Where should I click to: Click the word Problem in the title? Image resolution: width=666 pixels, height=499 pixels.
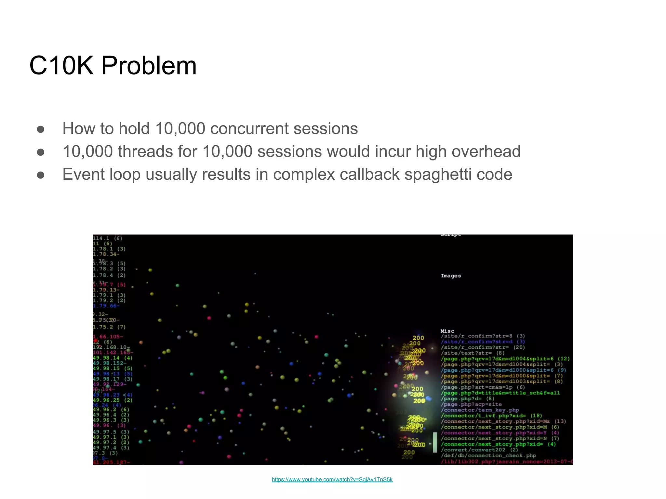149,66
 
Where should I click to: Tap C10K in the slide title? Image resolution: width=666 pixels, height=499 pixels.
61,66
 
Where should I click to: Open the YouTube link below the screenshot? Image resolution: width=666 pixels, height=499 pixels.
332,480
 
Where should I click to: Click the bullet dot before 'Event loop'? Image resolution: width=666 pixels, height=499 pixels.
41,175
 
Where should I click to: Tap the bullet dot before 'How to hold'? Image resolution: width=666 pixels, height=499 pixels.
41,129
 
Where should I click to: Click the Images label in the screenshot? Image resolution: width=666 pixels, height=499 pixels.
451,276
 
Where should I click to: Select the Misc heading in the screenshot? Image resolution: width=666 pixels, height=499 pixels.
447,331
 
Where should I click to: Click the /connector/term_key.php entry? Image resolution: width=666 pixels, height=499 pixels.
480,410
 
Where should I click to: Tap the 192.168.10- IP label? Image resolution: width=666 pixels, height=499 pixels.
112,347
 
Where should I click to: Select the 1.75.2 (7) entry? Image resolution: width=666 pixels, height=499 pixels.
109,327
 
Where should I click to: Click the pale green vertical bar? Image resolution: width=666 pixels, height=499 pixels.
435,442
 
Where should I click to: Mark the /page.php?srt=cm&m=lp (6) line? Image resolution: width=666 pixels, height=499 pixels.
483,387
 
